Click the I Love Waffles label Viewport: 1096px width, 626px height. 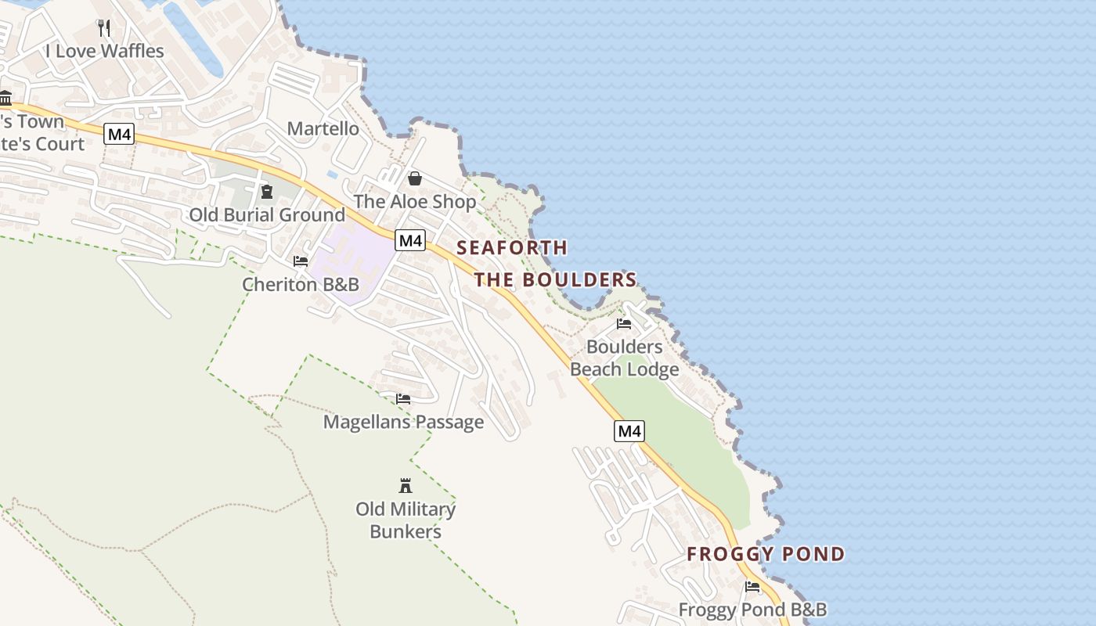tap(105, 52)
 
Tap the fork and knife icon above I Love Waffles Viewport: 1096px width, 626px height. tap(104, 28)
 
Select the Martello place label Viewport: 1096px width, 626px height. tap(323, 128)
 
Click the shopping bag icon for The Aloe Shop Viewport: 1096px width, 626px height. tap(415, 178)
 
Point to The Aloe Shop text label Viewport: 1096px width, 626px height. tap(415, 202)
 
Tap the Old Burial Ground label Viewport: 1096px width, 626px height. tap(267, 215)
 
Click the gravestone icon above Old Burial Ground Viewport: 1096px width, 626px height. tap(267, 192)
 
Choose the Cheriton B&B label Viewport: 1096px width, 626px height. tap(301, 284)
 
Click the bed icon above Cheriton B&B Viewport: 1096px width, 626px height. tap(301, 261)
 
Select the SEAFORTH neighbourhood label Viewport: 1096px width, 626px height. tap(512, 248)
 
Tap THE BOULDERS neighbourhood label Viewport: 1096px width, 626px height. tap(555, 280)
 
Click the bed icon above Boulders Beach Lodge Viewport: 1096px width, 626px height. tap(624, 323)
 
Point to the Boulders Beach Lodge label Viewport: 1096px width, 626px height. tap(625, 358)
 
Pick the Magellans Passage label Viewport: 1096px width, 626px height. tap(404, 423)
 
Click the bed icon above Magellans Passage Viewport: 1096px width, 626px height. tap(403, 399)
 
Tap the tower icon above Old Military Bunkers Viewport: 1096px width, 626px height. tap(406, 486)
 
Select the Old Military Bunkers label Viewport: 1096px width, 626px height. tap(406, 520)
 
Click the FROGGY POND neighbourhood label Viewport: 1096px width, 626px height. tap(766, 555)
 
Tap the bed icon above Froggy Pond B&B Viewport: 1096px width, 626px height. tap(752, 587)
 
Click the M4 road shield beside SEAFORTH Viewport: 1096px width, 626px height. tap(410, 240)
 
